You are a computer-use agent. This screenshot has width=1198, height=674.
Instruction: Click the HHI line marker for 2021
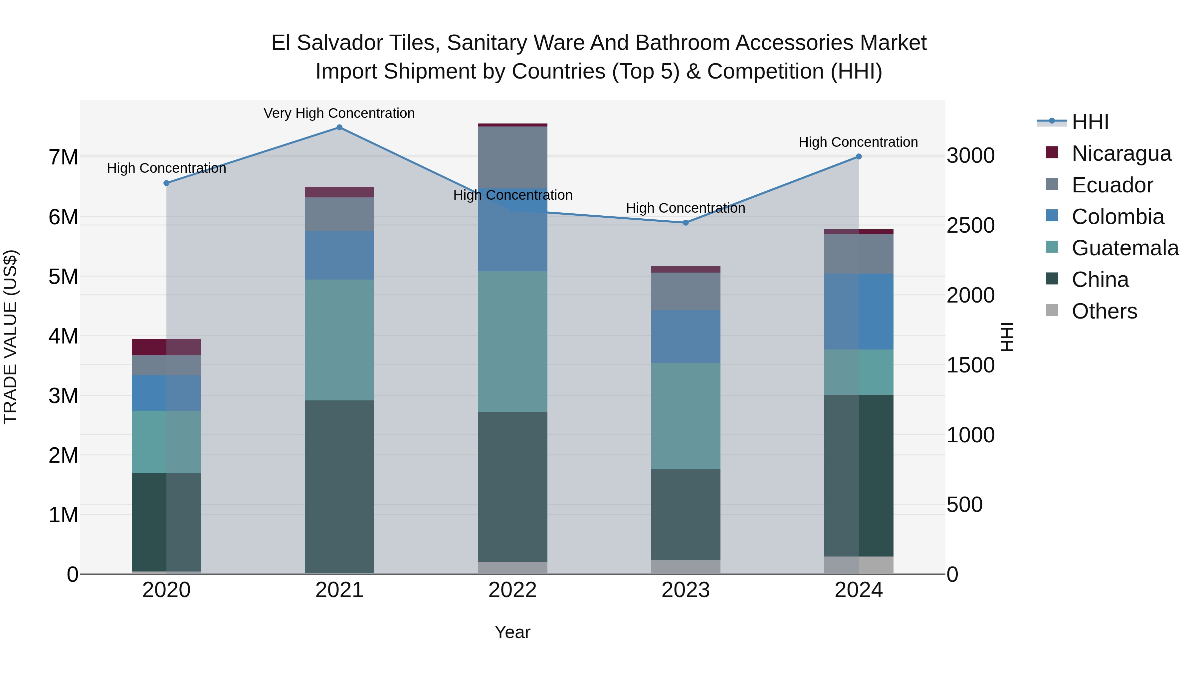[339, 127]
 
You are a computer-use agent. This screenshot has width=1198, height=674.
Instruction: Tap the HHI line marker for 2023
[686, 223]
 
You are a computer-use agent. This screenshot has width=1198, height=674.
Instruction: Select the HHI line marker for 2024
[859, 157]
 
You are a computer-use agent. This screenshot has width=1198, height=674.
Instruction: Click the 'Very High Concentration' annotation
[339, 113]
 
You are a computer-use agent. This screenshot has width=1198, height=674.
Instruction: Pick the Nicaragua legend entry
[1121, 153]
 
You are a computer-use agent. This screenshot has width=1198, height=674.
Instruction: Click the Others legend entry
[1104, 311]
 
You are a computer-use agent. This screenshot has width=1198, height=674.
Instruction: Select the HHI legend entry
[1090, 122]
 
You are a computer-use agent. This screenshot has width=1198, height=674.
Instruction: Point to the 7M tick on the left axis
[63, 157]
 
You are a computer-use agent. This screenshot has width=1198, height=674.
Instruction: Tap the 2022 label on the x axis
[512, 590]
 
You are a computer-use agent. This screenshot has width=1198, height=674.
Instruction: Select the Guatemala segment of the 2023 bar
[686, 416]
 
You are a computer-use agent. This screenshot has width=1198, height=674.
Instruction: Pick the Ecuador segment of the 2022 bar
[512, 157]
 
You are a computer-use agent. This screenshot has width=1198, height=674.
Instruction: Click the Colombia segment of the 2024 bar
[859, 311]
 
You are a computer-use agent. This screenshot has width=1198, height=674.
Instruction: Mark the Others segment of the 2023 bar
[686, 567]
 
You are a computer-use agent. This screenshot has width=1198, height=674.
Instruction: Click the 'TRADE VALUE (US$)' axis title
[10, 337]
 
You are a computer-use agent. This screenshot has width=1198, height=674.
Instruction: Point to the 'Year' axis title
[512, 632]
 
